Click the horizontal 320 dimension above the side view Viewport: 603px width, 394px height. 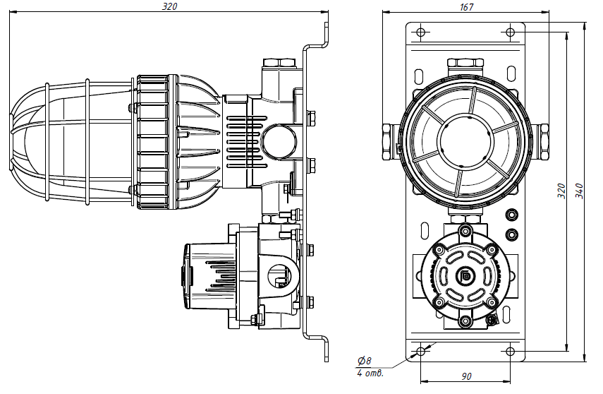click(169, 6)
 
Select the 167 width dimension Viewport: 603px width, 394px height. click(466, 7)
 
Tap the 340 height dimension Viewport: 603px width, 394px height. click(579, 191)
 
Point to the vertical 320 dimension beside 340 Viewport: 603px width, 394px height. click(562, 191)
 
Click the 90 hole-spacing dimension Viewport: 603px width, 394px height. click(466, 376)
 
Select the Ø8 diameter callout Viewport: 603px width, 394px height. click(364, 361)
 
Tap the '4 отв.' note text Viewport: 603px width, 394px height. click(370, 374)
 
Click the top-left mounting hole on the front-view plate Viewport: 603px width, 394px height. click(421, 32)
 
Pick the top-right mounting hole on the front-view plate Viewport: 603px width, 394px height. click(511, 32)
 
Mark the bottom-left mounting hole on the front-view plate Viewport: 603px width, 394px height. click(421, 351)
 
